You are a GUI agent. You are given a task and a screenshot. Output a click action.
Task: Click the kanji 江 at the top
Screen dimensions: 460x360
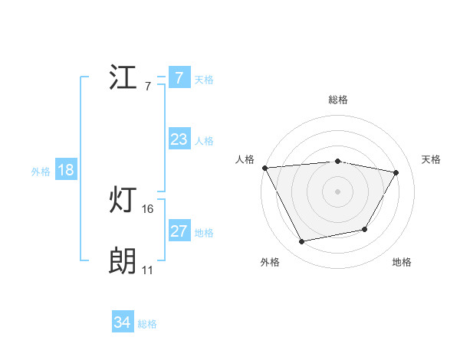(x=123, y=77)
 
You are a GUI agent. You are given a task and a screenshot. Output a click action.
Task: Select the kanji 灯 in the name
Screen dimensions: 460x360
(x=123, y=201)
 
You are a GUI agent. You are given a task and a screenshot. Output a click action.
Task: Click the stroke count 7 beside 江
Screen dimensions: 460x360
(x=147, y=86)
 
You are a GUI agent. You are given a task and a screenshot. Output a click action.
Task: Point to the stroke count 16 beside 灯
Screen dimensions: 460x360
(x=148, y=209)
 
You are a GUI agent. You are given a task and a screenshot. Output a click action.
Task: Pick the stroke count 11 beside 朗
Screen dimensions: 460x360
(x=147, y=270)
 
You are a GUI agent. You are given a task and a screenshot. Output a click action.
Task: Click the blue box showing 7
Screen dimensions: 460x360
(x=179, y=78)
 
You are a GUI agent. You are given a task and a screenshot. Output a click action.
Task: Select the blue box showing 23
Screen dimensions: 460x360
(x=179, y=139)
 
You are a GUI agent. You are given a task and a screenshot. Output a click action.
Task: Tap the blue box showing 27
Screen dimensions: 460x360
(x=179, y=231)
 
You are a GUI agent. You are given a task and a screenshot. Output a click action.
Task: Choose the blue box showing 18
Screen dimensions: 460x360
(x=65, y=170)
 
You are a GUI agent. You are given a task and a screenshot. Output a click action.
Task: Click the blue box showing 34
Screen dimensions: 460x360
(x=122, y=323)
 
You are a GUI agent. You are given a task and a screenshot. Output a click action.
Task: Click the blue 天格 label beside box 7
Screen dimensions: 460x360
(x=204, y=79)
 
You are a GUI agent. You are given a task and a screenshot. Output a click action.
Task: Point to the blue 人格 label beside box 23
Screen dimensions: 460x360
(x=204, y=140)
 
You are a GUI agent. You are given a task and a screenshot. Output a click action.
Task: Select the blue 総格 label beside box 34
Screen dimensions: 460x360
(x=147, y=324)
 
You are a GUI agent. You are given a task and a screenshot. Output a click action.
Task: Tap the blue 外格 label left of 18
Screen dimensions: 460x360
(x=41, y=171)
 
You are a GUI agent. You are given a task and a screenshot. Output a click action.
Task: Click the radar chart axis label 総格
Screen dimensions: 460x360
(x=337, y=100)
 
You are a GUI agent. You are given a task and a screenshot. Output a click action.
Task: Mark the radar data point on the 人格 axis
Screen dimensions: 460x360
(x=264, y=168)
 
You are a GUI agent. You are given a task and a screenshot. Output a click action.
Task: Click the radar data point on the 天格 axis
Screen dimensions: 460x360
(x=396, y=172)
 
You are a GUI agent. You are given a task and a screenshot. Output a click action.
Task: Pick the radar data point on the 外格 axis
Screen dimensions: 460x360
(x=301, y=242)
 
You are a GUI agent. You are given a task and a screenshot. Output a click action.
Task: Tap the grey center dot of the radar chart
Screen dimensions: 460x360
(x=337, y=191)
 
